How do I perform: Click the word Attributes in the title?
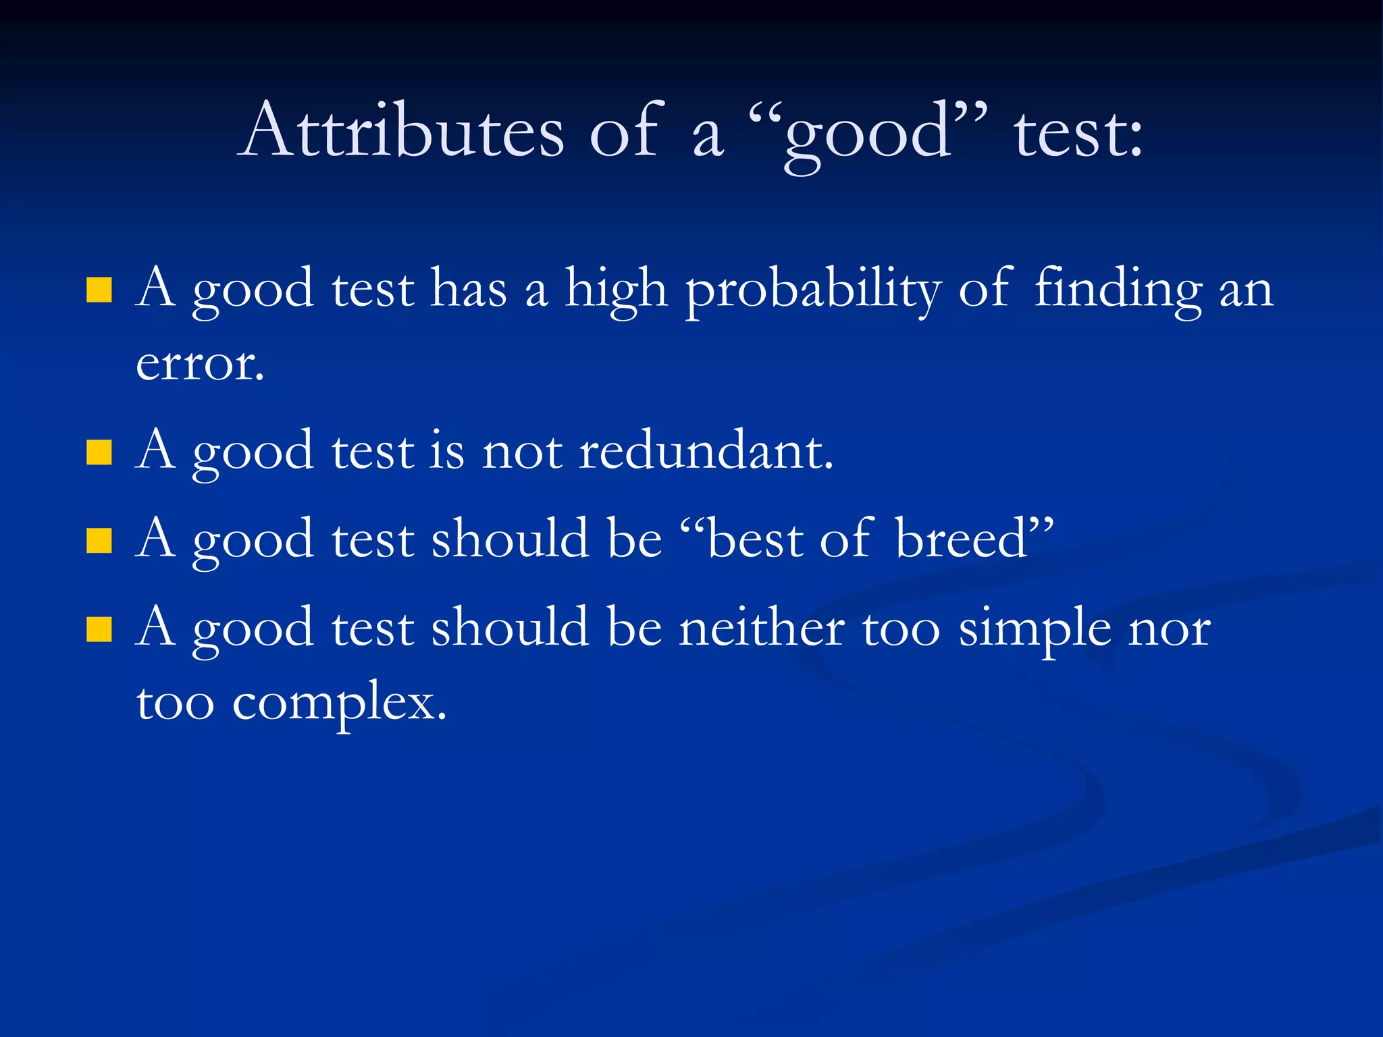tap(403, 131)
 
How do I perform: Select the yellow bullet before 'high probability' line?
tap(99, 290)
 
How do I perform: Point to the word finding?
tap(1118, 289)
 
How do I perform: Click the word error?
tap(200, 365)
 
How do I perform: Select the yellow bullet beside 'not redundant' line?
tap(99, 452)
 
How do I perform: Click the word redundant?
tap(706, 451)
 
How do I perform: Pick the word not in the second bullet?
tap(521, 452)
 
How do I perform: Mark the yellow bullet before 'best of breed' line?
tap(99, 540)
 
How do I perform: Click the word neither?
tap(761, 628)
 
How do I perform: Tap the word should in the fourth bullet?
tap(510, 628)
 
